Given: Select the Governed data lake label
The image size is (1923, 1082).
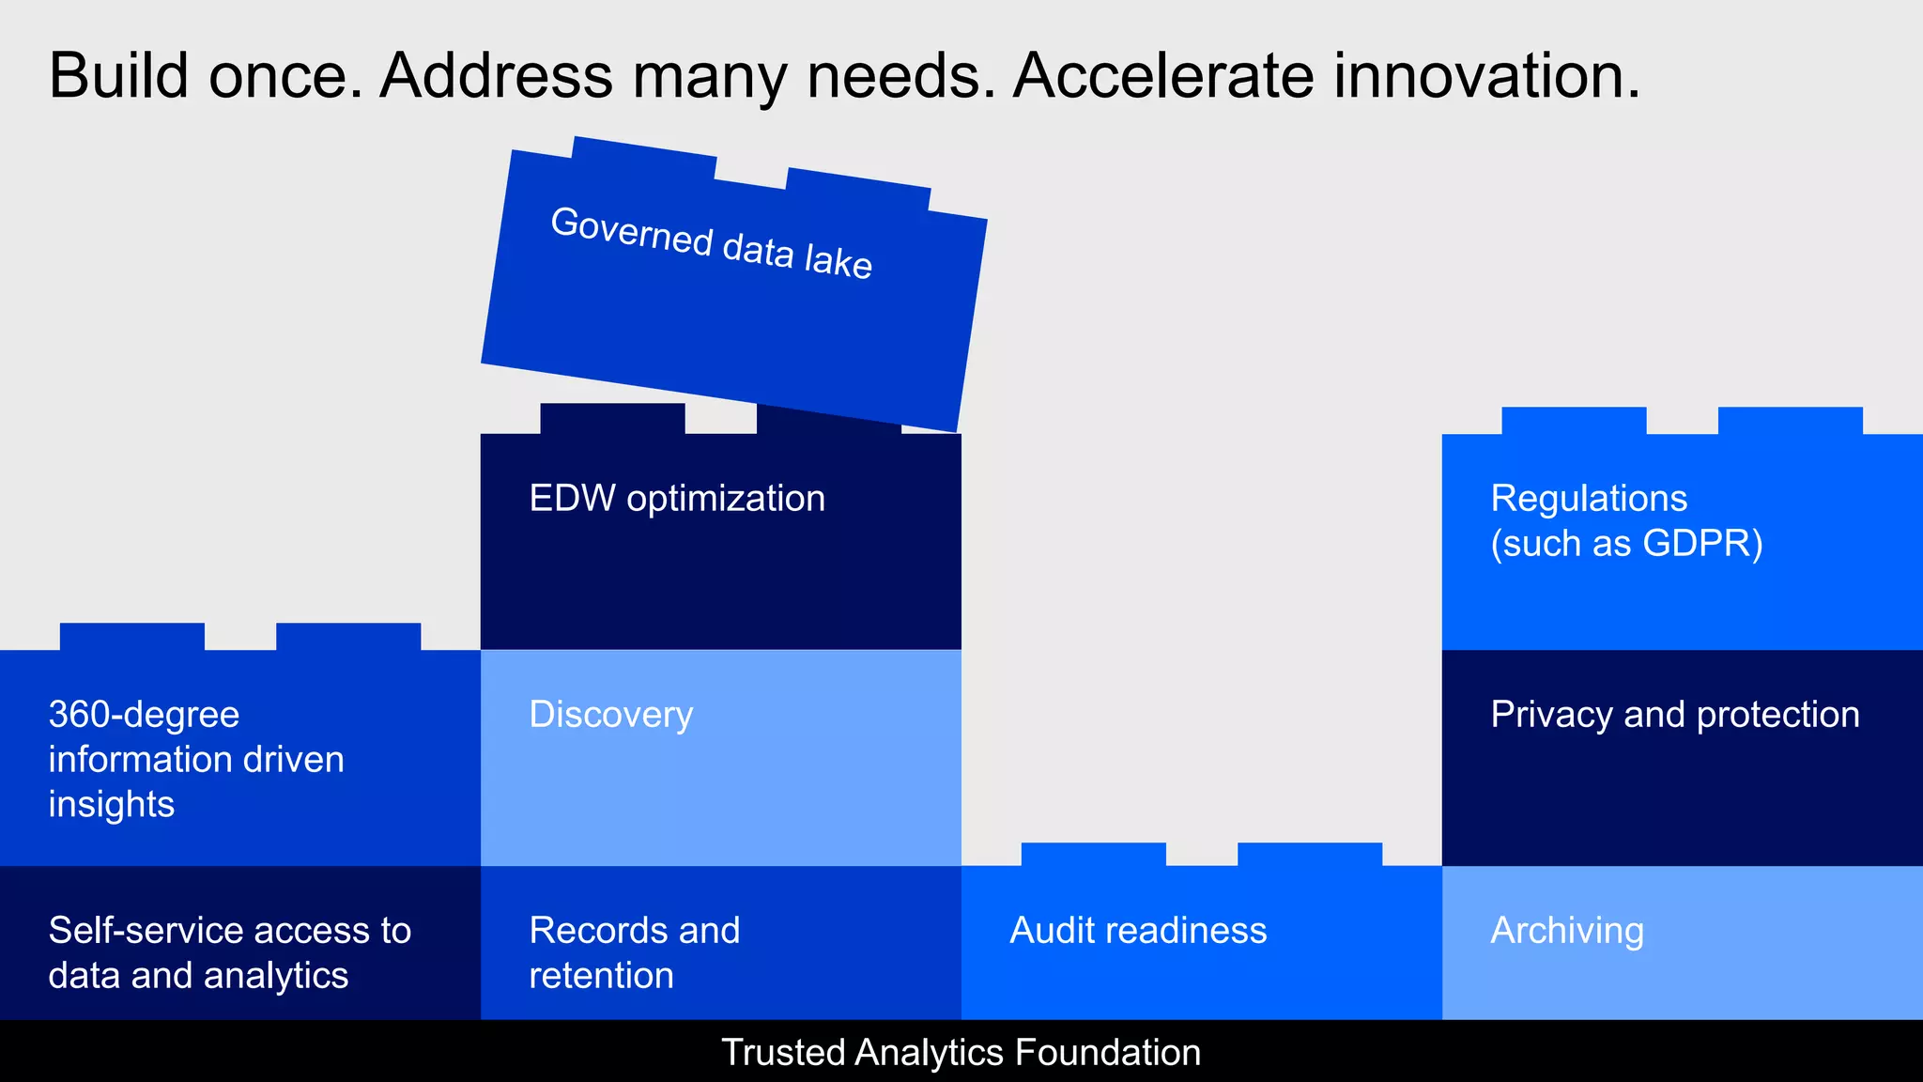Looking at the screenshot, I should tap(711, 243).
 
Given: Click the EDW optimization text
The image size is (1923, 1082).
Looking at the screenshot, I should tap(677, 499).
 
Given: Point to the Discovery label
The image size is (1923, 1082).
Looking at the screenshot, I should tap(610, 715).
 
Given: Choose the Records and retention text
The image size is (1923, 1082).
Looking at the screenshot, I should tap(634, 952).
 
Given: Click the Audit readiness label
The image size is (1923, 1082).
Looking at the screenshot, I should tap(1138, 931).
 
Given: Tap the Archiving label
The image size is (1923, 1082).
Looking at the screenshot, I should tap(1566, 931).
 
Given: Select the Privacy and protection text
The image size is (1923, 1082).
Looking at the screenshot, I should tap(1674, 715).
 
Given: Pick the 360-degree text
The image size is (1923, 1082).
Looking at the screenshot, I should tap(144, 715).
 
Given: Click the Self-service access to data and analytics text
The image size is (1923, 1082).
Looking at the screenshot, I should tap(229, 952).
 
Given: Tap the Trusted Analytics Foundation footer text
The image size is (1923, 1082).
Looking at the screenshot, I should tap(961, 1053).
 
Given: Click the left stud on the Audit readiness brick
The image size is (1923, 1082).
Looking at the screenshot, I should tap(1093, 855).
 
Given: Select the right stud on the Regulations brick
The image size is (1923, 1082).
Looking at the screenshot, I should tap(1790, 421).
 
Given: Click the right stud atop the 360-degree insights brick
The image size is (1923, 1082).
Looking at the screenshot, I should tap(347, 637).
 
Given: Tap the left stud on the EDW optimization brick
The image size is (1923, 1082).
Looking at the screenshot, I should tap(612, 419).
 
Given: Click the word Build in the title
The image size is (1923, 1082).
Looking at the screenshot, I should tap(118, 75).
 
